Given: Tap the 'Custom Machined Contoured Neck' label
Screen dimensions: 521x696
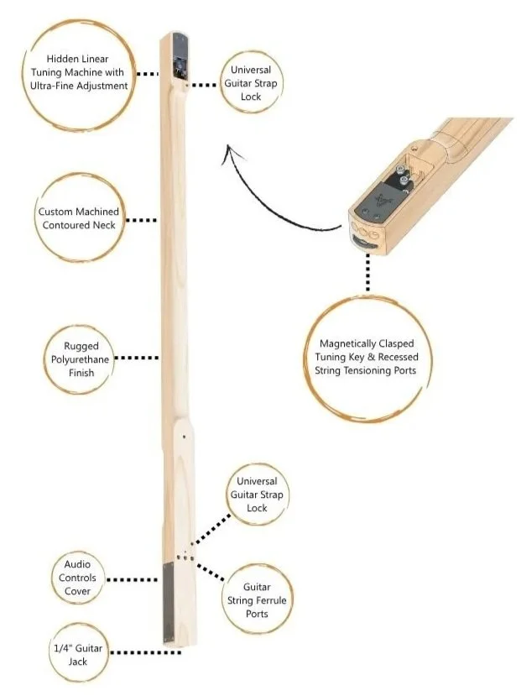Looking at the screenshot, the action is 79,218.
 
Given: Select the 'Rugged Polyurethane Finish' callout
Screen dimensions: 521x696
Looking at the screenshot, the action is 81,359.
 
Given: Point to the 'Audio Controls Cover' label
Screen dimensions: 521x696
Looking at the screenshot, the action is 77,578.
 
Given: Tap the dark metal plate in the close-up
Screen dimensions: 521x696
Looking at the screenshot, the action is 377,201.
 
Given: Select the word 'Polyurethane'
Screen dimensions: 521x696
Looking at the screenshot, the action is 81,359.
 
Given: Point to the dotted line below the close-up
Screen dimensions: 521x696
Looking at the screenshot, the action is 367,270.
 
